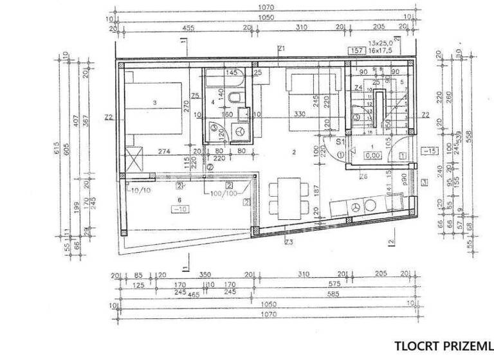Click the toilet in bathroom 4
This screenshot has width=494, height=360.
[x=237, y=98]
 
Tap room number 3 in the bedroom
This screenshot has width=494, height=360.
[x=155, y=103]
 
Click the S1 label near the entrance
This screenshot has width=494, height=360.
[x=342, y=141]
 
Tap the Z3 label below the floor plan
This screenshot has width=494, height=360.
[x=289, y=242]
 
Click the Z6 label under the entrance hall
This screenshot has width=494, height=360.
[x=363, y=176]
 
